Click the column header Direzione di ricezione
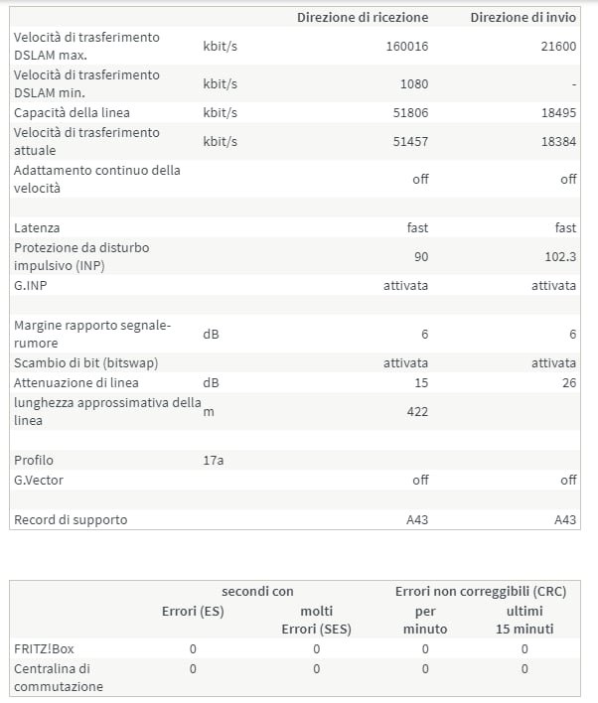click(x=363, y=17)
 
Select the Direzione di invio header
click(x=523, y=17)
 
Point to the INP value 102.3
click(x=558, y=256)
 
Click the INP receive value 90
click(x=420, y=256)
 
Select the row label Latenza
click(x=37, y=228)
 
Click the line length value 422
click(x=417, y=412)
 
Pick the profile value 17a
click(x=214, y=461)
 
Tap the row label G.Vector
click(x=39, y=480)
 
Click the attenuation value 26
click(x=567, y=382)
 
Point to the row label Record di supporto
click(x=71, y=519)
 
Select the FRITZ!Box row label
click(x=44, y=648)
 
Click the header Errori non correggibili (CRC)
click(x=480, y=591)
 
